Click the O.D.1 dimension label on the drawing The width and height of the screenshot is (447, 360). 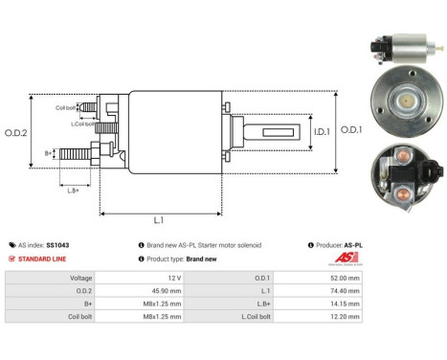tap(351, 131)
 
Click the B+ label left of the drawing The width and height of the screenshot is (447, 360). tap(49, 152)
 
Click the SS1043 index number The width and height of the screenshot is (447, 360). tap(58, 245)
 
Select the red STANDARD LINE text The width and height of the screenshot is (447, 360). tap(41, 259)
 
